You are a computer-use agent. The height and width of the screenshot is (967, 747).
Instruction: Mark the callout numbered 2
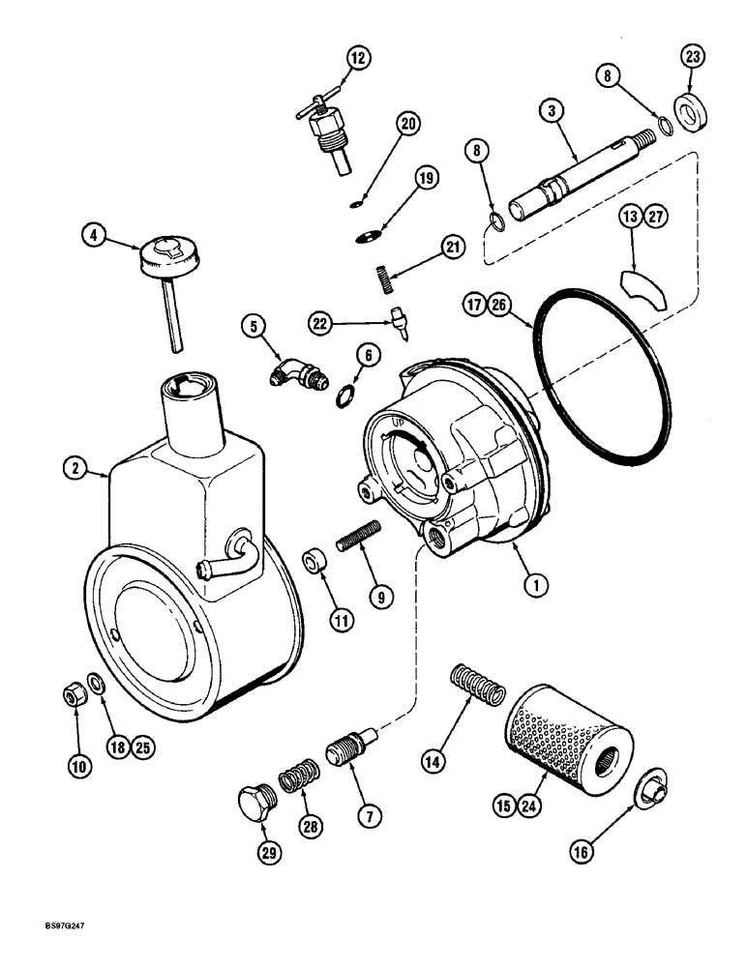(74, 468)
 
